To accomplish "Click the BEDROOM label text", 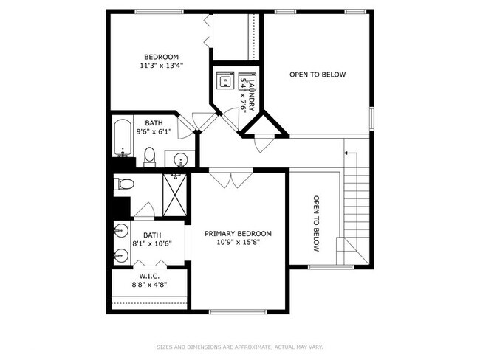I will [x=161, y=57].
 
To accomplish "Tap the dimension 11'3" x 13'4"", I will [x=161, y=66].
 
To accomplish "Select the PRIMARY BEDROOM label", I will [x=238, y=233].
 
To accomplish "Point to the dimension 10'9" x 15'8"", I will [x=238, y=242].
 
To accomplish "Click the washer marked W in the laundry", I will [x=224, y=80].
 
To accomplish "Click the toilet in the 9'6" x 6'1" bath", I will [x=149, y=156].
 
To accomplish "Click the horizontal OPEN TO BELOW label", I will [x=318, y=75].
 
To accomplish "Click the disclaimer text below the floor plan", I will [x=240, y=347].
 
